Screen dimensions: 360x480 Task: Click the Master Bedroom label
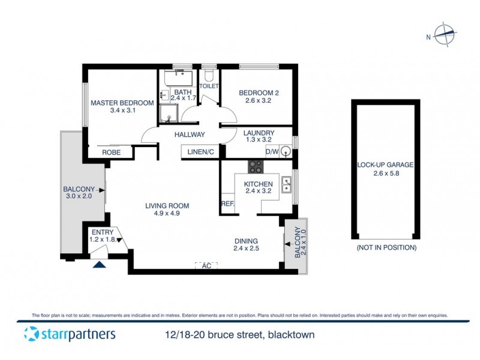(115, 103)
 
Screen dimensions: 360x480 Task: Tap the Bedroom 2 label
(259, 92)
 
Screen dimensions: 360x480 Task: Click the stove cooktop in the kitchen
(256, 167)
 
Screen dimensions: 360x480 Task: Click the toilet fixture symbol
(209, 76)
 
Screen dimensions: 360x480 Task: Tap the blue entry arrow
(99, 262)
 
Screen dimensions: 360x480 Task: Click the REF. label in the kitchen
(227, 204)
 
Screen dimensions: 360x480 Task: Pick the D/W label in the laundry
(272, 152)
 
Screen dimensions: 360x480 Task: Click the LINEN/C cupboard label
(200, 152)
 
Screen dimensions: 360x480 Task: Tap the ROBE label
(111, 152)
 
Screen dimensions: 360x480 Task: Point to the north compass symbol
(445, 35)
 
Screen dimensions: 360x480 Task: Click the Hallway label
(190, 135)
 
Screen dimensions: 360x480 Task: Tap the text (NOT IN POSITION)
(386, 247)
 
